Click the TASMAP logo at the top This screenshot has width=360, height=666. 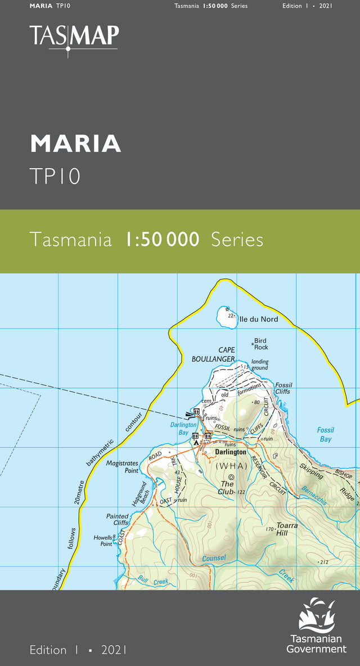pos(74,37)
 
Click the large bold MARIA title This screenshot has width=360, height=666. pos(75,144)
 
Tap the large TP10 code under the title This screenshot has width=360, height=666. pos(55,176)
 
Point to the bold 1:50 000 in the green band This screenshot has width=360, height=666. pos(163,240)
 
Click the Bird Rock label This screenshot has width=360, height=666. pos(260,344)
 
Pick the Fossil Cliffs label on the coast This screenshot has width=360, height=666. pos(283,388)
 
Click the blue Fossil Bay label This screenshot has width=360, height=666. pos(325,434)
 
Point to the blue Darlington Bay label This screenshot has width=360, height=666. pos(183,429)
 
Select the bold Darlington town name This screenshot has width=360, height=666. pos(231,452)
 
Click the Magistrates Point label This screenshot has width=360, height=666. pos(123,467)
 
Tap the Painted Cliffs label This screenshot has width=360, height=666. pos(118,519)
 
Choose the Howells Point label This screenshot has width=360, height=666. pos(103,541)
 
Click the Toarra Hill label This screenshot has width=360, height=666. pos(287,529)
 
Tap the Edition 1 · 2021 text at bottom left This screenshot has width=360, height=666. pos(78,650)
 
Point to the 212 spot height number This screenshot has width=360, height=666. pos(323,562)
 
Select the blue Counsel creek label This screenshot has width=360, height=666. pos(214,558)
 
